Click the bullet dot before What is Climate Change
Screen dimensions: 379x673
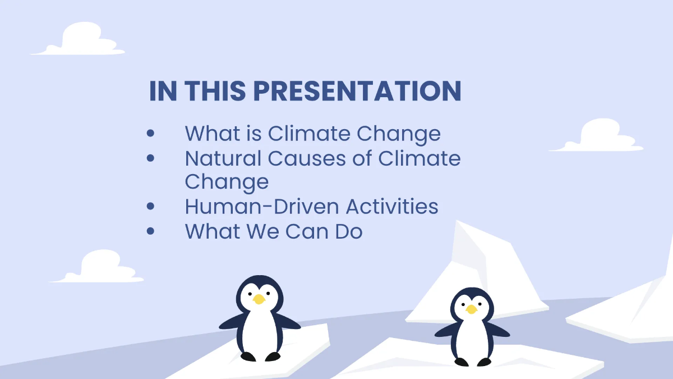click(x=150, y=134)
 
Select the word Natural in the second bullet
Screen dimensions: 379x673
click(x=223, y=158)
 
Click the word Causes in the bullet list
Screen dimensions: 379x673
click(x=303, y=158)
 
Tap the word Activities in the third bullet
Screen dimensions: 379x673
click(x=392, y=207)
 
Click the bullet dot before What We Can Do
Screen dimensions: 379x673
click(x=150, y=231)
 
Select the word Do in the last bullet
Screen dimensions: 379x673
click(x=347, y=231)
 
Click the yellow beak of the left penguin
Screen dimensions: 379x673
click(x=259, y=299)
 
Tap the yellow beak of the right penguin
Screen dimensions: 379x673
click(x=471, y=309)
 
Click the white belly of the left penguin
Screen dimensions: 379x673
click(x=260, y=331)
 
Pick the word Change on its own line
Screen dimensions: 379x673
click(x=227, y=182)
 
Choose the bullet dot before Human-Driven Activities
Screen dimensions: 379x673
click(x=150, y=207)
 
